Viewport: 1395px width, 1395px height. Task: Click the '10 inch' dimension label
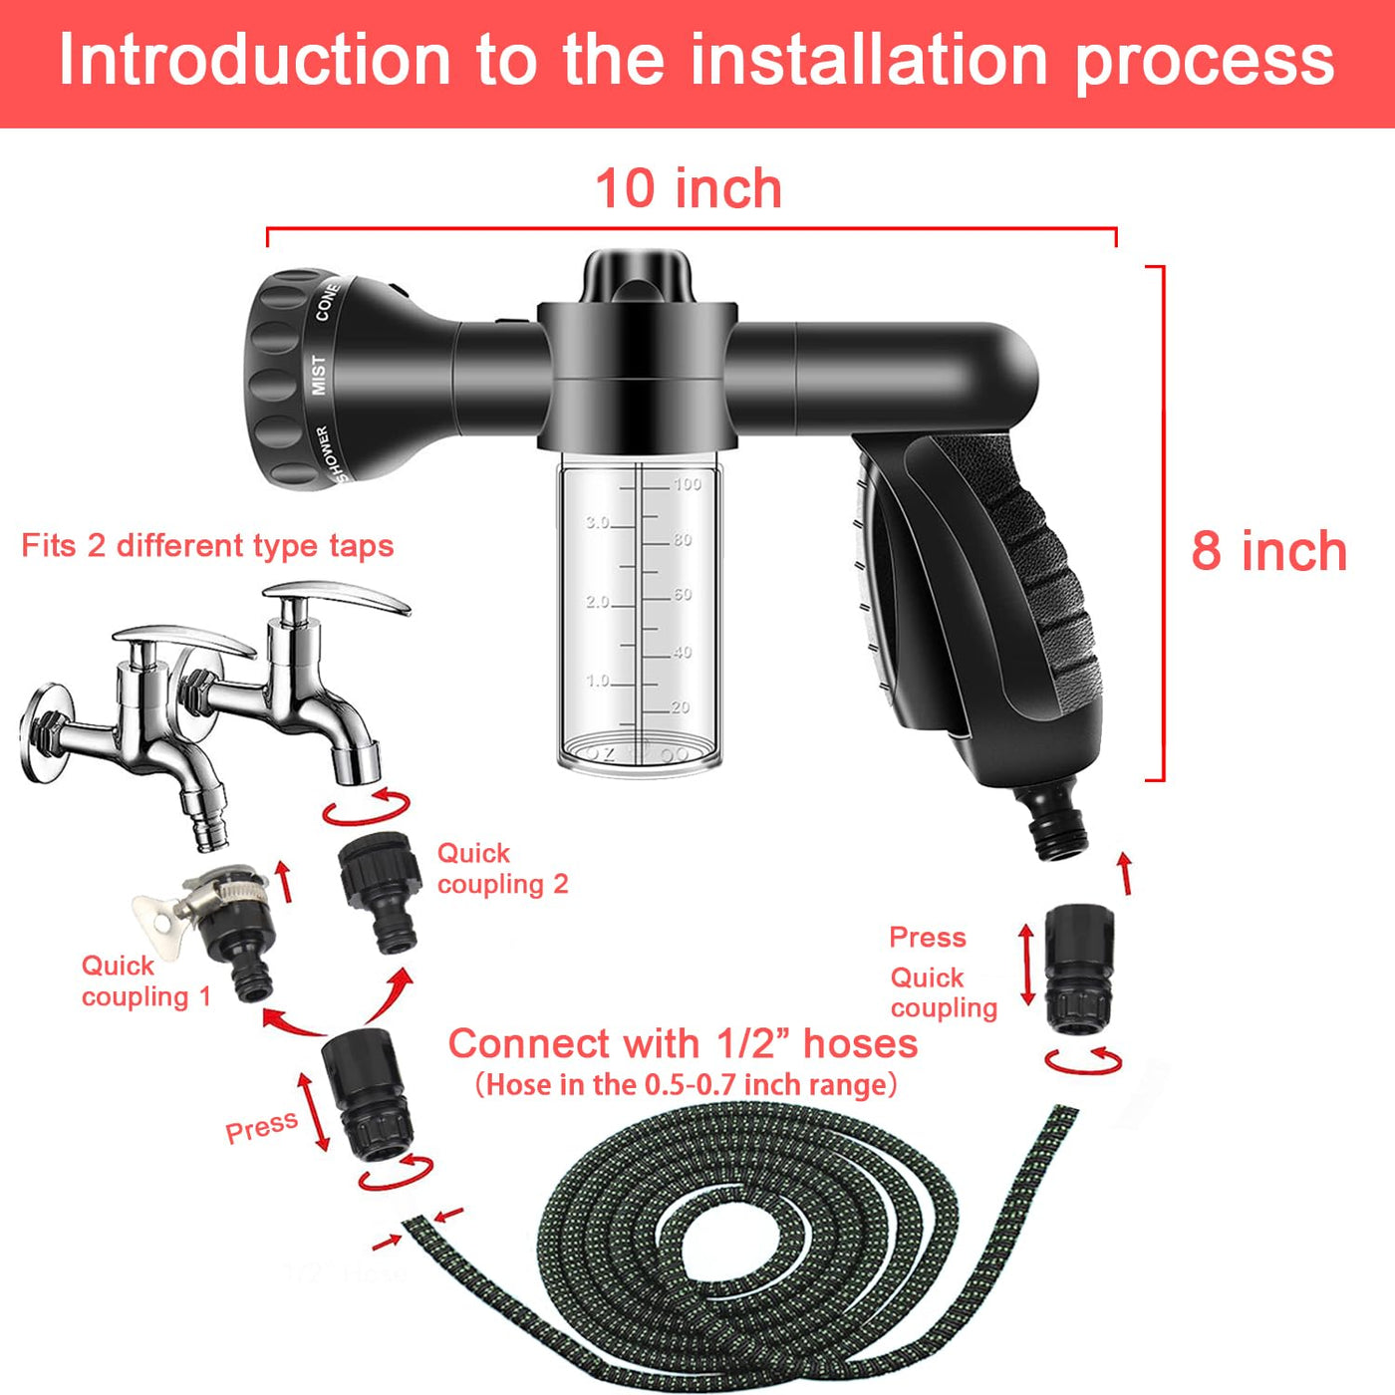pos(689,188)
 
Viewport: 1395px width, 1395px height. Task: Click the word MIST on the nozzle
pos(319,375)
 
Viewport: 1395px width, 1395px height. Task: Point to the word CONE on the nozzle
pos(327,301)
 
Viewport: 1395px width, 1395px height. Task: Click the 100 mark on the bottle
pos(687,483)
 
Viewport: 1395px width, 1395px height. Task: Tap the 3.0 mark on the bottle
pos(597,523)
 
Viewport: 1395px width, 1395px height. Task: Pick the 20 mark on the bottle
pos(680,707)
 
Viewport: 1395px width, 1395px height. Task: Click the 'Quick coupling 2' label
pos(502,869)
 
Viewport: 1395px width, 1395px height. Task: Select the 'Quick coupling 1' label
pos(146,980)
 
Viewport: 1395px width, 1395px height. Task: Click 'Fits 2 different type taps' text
pos(207,546)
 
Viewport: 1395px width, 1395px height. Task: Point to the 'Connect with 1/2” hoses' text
pos(683,1044)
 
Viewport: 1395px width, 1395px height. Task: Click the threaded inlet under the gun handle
pos(1052,822)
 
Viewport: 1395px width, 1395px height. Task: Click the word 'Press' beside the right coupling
pos(928,938)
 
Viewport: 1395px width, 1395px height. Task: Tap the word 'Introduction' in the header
pos(255,60)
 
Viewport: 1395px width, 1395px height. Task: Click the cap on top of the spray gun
pos(637,276)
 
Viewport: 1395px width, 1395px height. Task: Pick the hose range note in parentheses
pos(686,1085)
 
